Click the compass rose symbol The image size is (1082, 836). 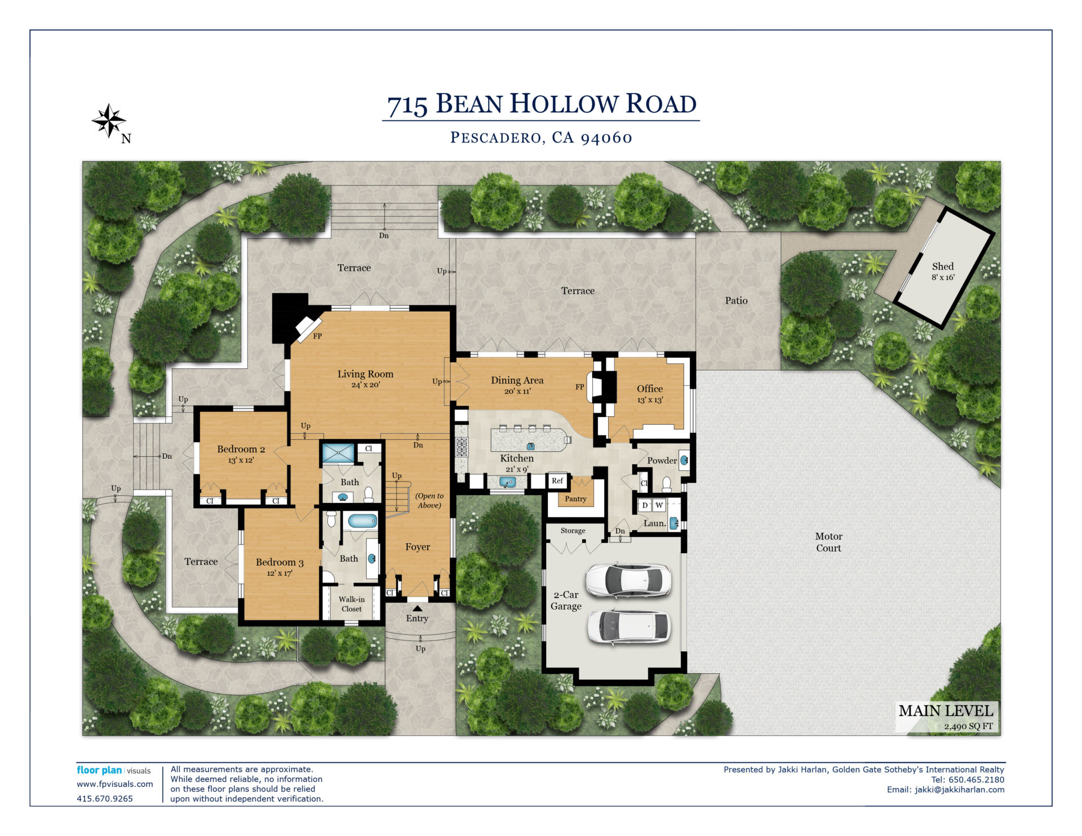click(x=109, y=121)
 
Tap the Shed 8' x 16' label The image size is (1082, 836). click(x=943, y=271)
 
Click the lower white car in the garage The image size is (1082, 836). click(x=628, y=626)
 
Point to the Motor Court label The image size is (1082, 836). click(x=828, y=542)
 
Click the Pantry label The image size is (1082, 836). click(x=575, y=499)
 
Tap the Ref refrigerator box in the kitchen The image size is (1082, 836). click(x=557, y=481)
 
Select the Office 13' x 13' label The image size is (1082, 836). click(x=650, y=393)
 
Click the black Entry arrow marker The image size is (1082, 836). click(x=417, y=608)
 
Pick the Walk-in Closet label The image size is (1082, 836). click(x=352, y=604)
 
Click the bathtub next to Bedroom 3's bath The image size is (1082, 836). click(x=362, y=521)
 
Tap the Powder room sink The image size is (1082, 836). click(x=684, y=460)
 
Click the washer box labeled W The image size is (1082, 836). click(x=659, y=505)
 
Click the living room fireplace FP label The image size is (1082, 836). click(x=317, y=336)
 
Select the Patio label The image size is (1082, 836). click(x=736, y=301)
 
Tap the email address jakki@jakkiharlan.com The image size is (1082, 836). click(x=959, y=789)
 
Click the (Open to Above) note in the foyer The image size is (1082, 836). click(x=429, y=500)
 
